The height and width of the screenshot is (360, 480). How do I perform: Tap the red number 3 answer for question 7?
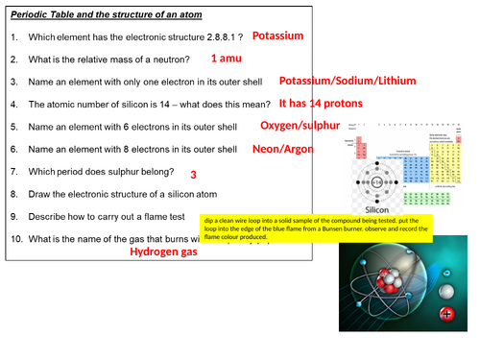pyautogui.click(x=193, y=176)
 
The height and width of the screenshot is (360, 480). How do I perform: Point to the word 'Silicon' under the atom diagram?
pyautogui.click(x=375, y=206)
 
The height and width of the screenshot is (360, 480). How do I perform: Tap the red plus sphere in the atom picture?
pyautogui.click(x=444, y=313)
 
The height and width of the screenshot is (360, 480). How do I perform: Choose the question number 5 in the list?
pyautogui.click(x=15, y=127)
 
